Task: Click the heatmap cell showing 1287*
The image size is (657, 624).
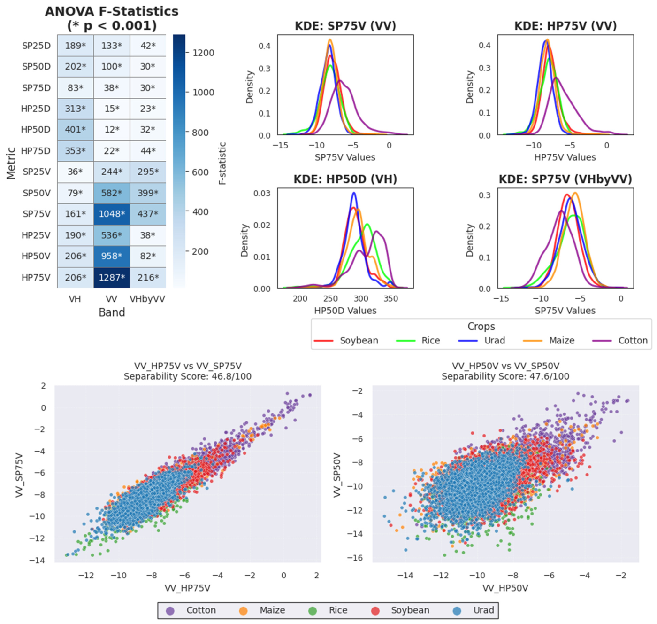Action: [112, 277]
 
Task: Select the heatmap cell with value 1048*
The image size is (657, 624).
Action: [112, 214]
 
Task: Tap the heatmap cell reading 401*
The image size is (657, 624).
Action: [75, 130]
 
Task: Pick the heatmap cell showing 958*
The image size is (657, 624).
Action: [112, 256]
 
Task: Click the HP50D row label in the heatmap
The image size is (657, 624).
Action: [36, 130]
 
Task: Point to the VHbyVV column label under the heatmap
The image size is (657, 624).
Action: [147, 299]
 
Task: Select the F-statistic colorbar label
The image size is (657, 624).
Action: [222, 163]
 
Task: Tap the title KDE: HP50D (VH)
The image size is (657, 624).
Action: [345, 179]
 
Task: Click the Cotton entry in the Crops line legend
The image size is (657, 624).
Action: [620, 341]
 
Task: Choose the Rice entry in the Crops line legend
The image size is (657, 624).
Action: [418, 341]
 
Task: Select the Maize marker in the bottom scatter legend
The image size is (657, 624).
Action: [243, 610]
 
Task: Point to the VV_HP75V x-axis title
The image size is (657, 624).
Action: [187, 588]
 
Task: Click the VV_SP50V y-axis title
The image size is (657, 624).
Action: [337, 475]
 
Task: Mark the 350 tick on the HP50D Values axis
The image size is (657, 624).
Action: [390, 299]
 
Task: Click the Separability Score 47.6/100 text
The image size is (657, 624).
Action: [505, 376]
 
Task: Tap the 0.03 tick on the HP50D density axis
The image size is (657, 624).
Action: [262, 193]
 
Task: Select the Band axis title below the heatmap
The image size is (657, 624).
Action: [112, 312]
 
